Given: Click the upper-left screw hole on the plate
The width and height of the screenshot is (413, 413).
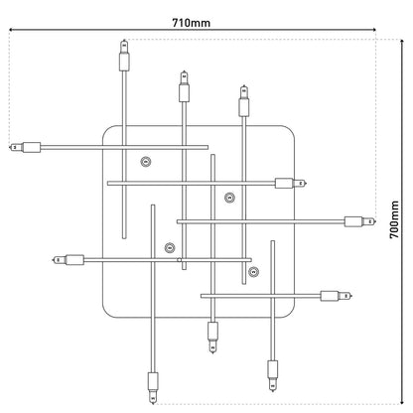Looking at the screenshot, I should pos(147,162).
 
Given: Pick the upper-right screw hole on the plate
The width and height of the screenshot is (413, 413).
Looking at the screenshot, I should pos(229,197).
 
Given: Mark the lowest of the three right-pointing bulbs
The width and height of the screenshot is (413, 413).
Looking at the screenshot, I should pos(335,295).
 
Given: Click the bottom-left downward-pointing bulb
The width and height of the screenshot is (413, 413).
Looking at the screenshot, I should pos(152,381).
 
